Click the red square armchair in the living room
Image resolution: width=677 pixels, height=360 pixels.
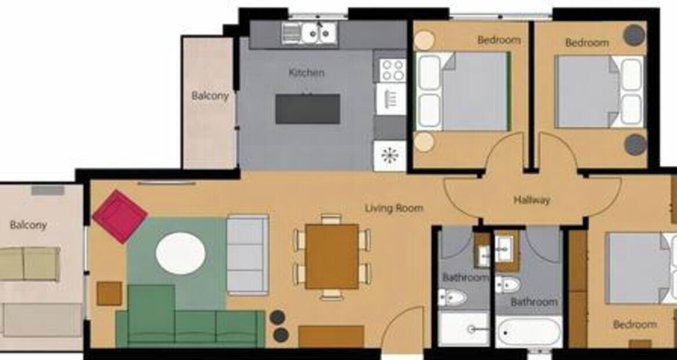point(120,216)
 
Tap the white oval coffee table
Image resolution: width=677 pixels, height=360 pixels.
point(181,254)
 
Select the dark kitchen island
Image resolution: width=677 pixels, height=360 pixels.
point(308,109)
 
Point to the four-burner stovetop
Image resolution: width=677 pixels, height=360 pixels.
point(393,70)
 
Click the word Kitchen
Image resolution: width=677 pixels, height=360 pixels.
point(306,72)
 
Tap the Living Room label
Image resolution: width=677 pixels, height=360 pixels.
point(394,208)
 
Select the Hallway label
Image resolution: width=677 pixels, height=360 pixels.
point(532,200)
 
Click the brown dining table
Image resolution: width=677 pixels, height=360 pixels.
point(332,256)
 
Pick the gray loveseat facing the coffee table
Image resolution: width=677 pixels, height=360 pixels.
point(247,255)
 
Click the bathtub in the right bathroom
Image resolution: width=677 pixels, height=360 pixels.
point(529,332)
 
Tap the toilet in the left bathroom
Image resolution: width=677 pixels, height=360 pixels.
point(452,297)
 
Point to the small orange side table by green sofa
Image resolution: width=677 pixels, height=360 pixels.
point(109,293)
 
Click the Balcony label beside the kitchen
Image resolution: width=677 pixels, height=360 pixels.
point(210,95)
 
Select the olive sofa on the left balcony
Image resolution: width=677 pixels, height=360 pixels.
point(29,263)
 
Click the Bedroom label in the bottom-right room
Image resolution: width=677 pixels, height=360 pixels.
point(635,324)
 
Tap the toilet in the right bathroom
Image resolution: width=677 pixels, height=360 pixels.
point(508,284)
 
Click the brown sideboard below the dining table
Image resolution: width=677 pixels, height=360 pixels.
point(331,336)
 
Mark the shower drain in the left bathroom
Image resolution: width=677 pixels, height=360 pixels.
point(471,329)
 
